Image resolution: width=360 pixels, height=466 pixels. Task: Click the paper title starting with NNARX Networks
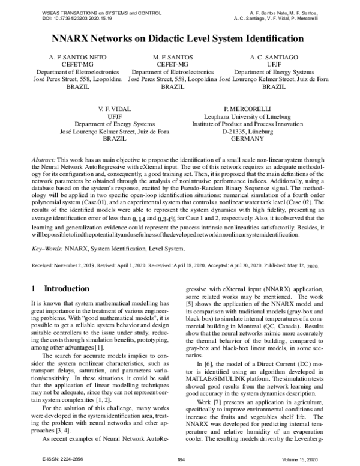(x=179, y=39)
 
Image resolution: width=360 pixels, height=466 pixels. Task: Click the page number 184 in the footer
(x=179, y=459)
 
